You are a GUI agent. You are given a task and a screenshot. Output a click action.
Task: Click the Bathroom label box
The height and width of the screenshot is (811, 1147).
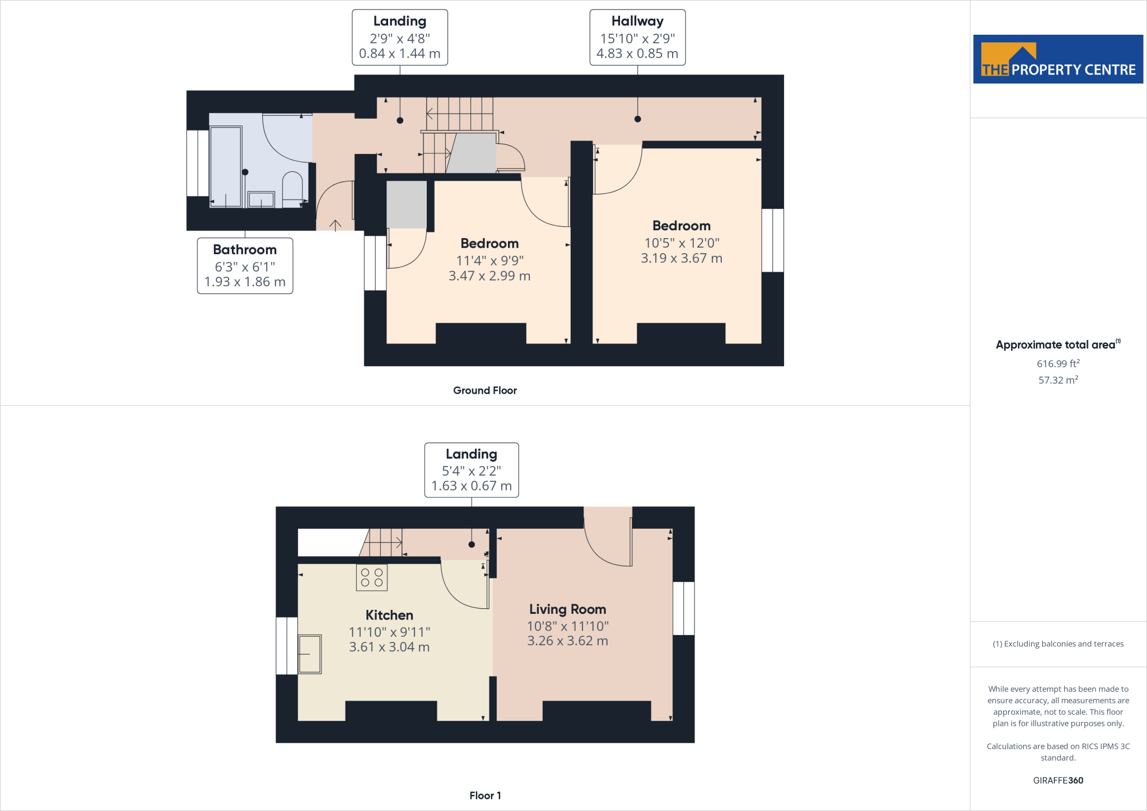coord(245,265)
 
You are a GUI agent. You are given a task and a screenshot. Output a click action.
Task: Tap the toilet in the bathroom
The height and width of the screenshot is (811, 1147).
coord(292,188)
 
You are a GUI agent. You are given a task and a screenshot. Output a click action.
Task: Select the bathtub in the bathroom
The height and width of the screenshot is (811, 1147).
coord(226,166)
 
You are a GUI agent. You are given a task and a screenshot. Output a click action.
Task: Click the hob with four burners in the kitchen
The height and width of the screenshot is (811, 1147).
coord(372,577)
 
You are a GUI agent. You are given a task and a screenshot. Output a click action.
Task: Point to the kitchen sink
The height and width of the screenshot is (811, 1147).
coord(310,654)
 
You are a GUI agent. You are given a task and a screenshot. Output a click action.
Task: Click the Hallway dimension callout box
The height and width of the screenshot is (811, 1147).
coord(637,38)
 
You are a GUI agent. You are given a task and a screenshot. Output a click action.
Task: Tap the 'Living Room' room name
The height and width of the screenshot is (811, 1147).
coord(568,609)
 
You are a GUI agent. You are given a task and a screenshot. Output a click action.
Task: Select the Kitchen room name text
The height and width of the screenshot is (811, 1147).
coord(389,615)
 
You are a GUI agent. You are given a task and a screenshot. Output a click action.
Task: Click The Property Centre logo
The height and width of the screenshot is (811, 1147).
coord(1058,59)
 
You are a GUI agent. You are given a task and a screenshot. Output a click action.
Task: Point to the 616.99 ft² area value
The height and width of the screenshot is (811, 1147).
coord(1058,363)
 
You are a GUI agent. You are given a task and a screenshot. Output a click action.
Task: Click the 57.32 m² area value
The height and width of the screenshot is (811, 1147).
coord(1058,380)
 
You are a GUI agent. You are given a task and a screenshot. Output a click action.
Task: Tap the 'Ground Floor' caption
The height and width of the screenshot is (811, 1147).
coord(485,390)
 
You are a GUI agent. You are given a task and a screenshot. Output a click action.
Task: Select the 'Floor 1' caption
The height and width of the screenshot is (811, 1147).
coord(485,795)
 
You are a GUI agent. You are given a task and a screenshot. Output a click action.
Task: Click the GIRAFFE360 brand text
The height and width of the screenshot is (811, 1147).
coord(1058,780)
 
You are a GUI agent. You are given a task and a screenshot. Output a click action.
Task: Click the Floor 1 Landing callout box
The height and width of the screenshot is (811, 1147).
coord(472,470)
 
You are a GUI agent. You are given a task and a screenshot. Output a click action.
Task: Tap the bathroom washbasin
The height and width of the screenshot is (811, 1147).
coord(261,199)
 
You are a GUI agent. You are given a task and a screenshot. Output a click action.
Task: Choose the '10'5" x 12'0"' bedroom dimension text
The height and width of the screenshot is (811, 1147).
coord(682,243)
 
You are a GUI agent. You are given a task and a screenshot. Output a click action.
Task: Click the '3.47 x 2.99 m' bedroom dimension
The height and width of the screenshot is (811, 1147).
coord(489,276)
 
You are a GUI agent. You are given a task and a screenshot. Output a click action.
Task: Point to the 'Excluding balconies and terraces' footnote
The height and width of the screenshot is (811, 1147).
coord(1058,644)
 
